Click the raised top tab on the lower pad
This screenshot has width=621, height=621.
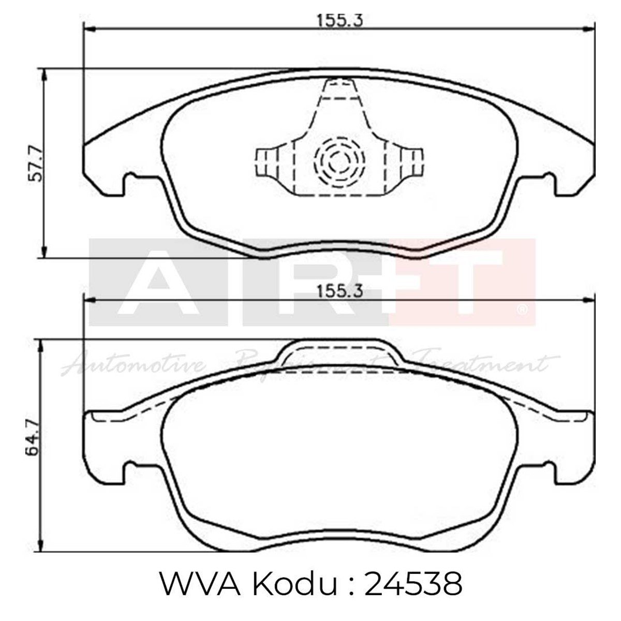pos(340,351)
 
